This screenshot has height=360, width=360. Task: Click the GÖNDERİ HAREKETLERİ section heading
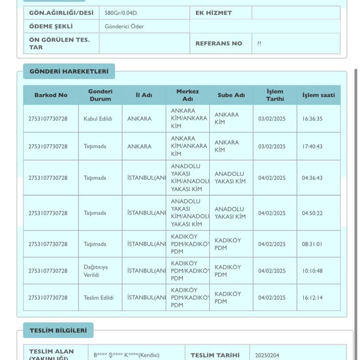tap(69, 71)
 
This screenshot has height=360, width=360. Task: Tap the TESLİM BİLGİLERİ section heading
tap(58, 330)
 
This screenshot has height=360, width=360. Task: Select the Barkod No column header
tap(51, 95)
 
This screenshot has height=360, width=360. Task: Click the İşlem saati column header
tap(319, 95)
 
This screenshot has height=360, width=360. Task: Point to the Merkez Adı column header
tap(187, 95)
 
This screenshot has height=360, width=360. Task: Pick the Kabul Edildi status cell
tap(98, 119)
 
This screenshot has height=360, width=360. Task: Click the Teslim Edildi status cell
tap(98, 298)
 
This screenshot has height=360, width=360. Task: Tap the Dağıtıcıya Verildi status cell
tap(96, 271)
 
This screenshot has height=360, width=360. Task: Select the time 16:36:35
tap(312, 119)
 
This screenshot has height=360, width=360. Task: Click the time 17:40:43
tap(312, 146)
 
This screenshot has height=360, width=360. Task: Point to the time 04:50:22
tap(312, 213)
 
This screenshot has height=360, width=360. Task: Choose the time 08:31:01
tap(312, 244)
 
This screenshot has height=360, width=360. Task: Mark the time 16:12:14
tap(312, 298)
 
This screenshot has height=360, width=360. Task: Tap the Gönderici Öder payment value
tap(124, 27)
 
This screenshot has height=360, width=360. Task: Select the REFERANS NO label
tap(219, 44)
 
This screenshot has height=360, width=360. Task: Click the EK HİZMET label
tap(214, 13)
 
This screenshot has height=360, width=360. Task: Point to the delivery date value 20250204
tap(267, 355)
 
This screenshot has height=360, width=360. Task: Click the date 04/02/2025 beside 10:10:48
tap(272, 271)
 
